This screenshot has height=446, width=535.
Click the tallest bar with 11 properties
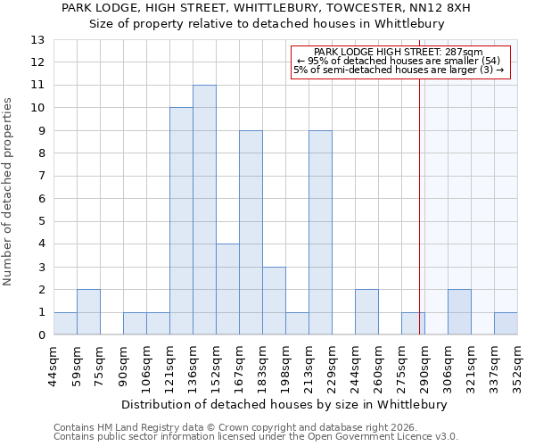[204, 210]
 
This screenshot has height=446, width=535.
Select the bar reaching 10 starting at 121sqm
[181, 221]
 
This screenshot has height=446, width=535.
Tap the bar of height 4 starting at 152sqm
[227, 290]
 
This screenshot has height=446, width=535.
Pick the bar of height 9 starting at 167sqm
[251, 233]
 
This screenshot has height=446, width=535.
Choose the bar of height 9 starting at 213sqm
[320, 233]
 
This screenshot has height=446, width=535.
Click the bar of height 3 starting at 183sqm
[274, 301]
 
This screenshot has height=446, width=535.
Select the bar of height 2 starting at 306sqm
[459, 312]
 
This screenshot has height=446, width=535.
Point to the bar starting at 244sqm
[366, 312]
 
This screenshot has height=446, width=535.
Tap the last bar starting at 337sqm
[506, 324]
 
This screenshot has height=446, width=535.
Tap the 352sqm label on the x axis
[518, 367]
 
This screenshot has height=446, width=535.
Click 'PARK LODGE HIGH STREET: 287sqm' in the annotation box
[399, 53]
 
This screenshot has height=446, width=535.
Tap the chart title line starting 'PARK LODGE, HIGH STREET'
[266, 7]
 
